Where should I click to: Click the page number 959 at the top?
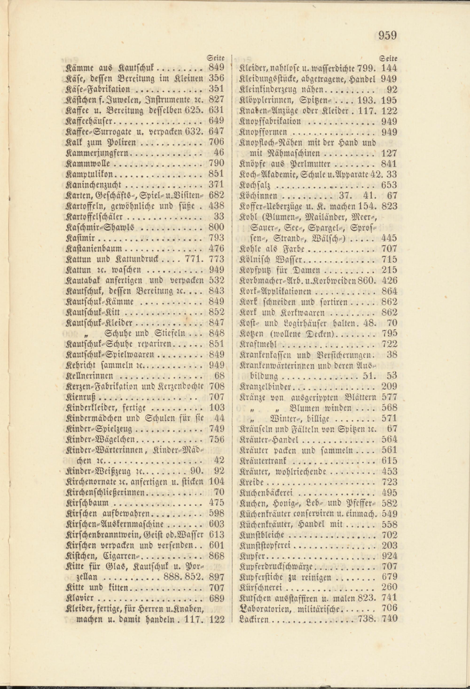387,35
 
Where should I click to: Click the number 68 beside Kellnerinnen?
219,376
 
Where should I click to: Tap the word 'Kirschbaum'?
86,503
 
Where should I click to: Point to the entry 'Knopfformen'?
263,132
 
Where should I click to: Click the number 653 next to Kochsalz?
389,185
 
